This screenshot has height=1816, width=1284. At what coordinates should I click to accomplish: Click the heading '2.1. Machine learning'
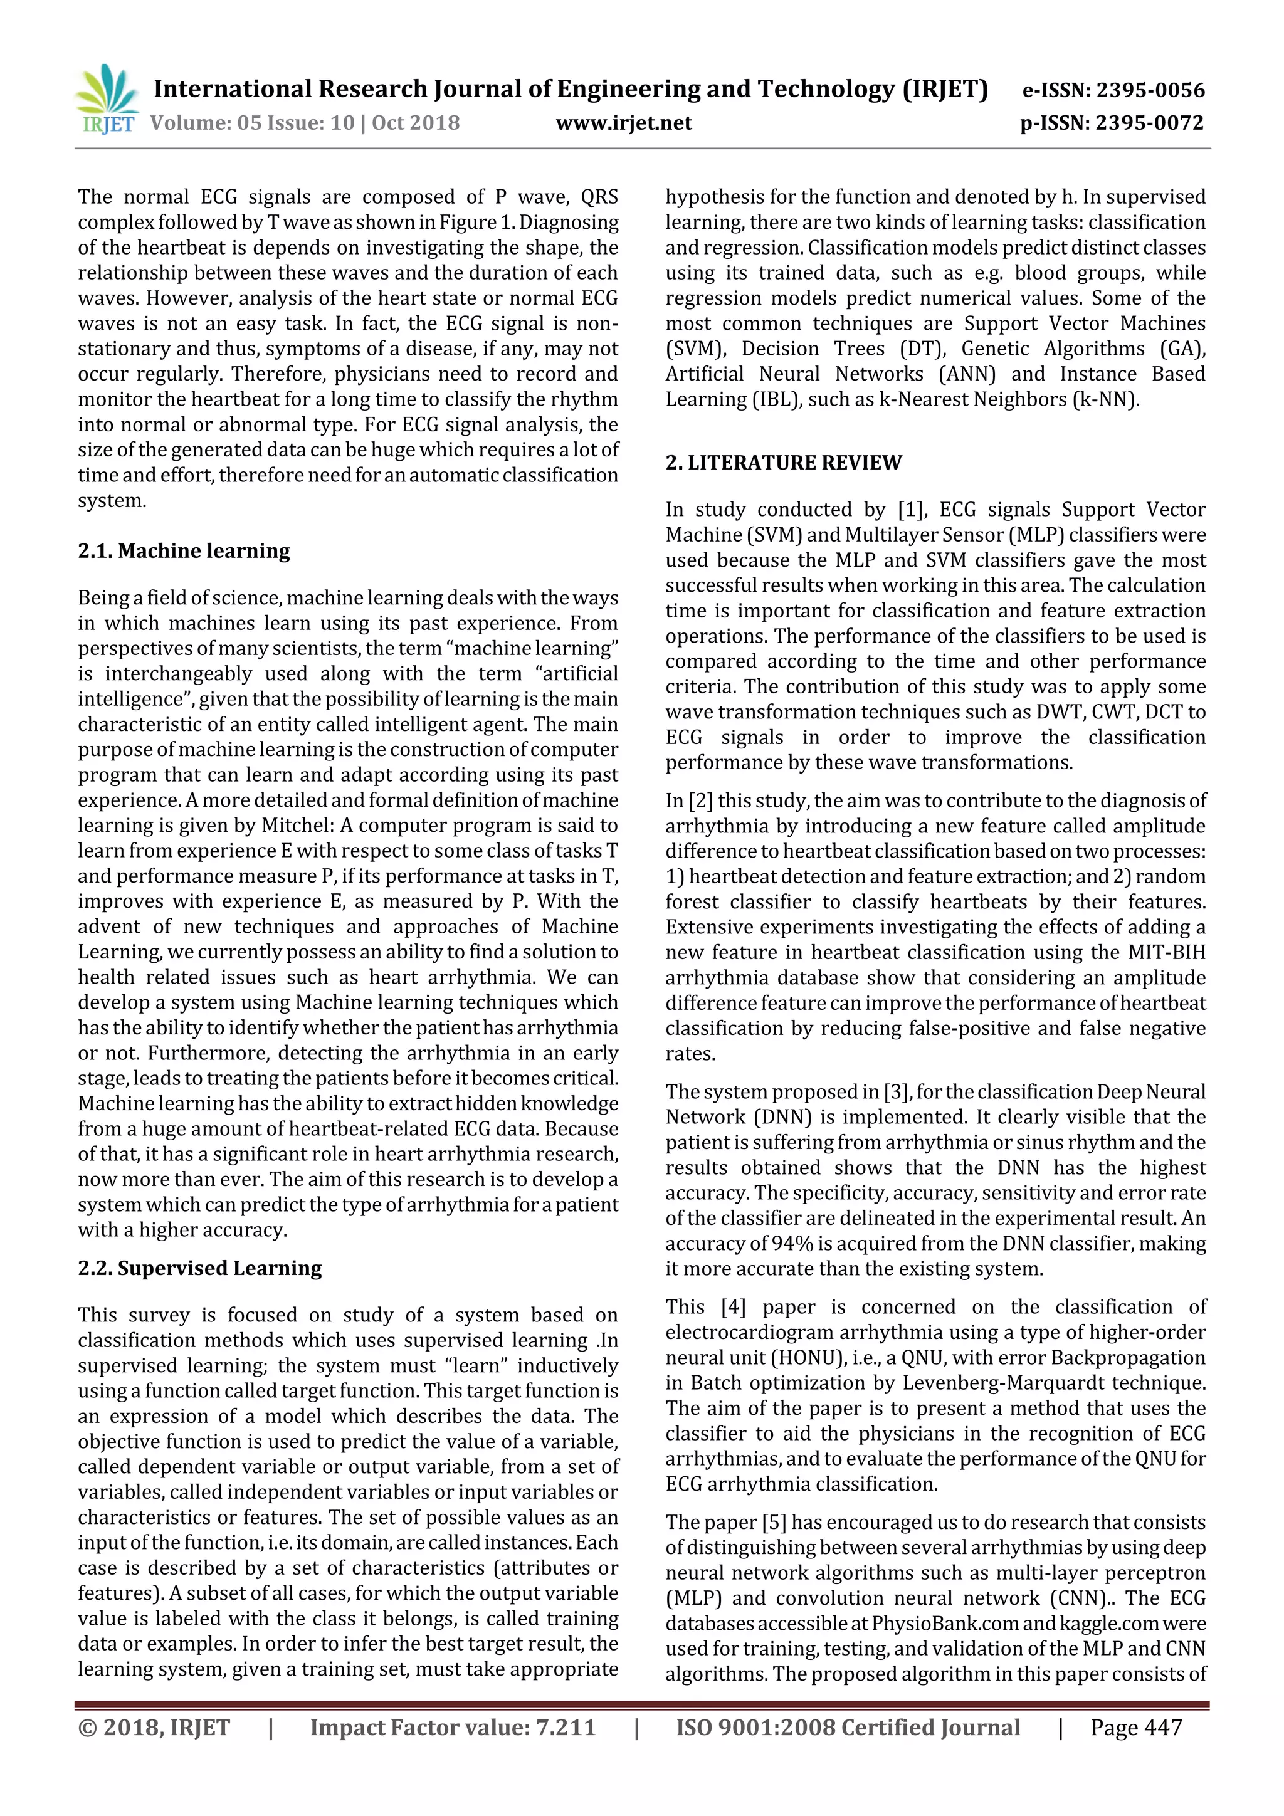tap(184, 550)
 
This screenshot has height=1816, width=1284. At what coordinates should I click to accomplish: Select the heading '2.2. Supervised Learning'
tap(199, 1268)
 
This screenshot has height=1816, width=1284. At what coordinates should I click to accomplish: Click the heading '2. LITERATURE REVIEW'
tap(783, 463)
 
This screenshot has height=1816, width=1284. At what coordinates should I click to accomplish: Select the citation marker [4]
tap(732, 1306)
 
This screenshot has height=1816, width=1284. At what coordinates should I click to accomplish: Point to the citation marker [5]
tap(773, 1522)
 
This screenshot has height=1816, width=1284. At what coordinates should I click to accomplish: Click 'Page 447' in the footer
tap(1135, 1728)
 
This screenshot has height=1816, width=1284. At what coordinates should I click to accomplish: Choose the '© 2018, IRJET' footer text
tap(154, 1728)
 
